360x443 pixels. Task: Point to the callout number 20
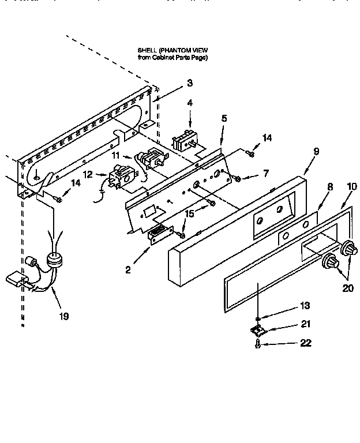(347, 288)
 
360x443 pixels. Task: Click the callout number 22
(306, 343)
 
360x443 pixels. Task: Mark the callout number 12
(88, 174)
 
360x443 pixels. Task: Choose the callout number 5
(224, 118)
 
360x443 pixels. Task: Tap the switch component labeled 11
(151, 160)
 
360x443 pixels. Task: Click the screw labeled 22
(258, 344)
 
